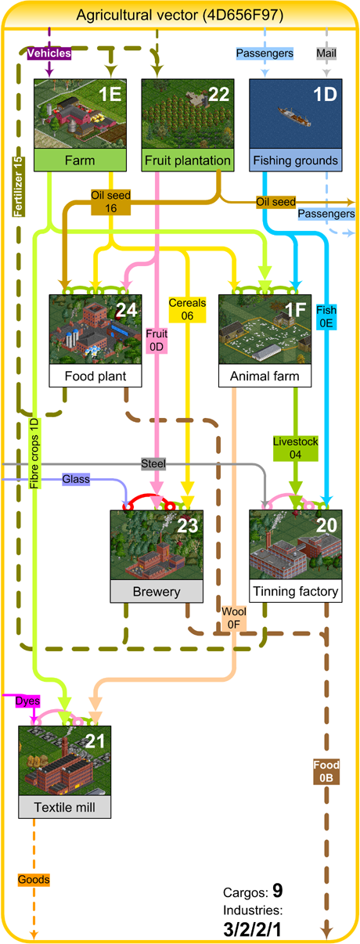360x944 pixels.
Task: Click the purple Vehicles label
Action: click(x=49, y=53)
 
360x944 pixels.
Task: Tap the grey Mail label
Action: click(x=326, y=53)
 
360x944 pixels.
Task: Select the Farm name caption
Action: click(x=80, y=160)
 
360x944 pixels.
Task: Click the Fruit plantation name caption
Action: click(x=188, y=160)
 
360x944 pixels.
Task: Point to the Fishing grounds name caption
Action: click(x=296, y=160)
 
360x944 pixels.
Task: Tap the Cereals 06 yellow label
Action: click(x=187, y=309)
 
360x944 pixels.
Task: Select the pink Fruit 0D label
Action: click(x=157, y=340)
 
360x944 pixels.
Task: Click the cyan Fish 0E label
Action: click(x=326, y=316)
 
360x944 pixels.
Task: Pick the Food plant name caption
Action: click(x=95, y=376)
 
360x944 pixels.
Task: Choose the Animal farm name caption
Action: click(x=265, y=376)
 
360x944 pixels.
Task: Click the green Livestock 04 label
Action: click(x=295, y=448)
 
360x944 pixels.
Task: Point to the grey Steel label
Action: click(x=153, y=464)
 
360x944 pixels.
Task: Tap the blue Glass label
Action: click(x=76, y=479)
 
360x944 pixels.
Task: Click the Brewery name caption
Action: click(x=157, y=591)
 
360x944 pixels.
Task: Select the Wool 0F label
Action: click(x=233, y=618)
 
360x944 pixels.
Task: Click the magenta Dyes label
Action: click(x=27, y=701)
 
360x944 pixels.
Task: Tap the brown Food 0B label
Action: click(x=326, y=772)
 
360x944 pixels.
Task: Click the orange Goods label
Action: click(x=34, y=880)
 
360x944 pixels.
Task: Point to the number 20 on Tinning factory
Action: click(x=326, y=525)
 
